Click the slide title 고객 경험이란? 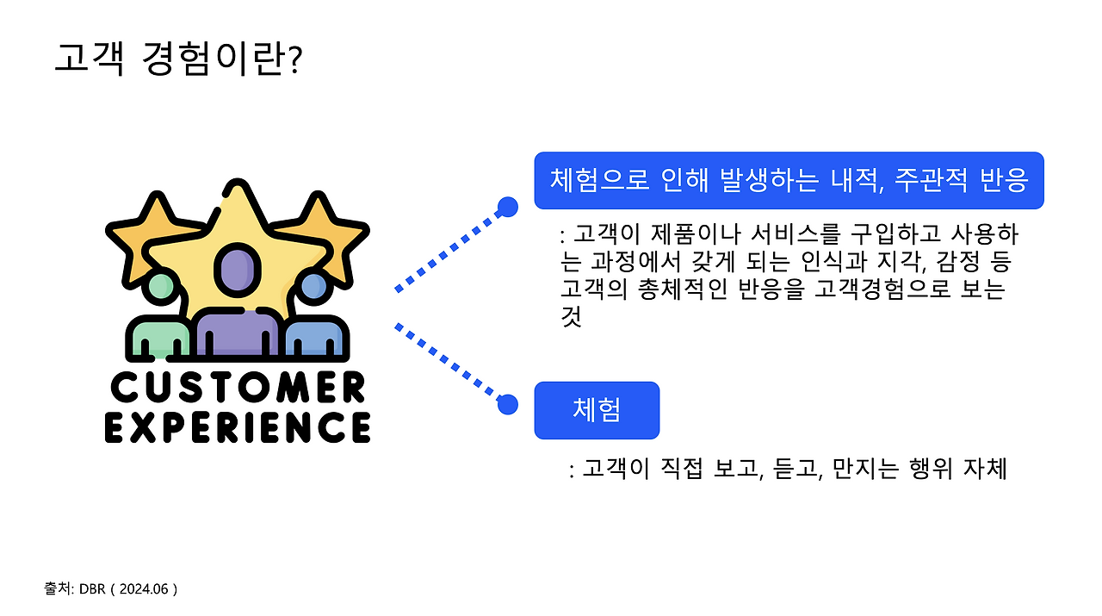pos(177,59)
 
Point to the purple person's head pos(236,268)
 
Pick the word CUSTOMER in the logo pos(238,389)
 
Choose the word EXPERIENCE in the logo pos(238,427)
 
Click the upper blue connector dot pos(508,207)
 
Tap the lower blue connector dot pos(508,404)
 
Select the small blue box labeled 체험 pos(597,410)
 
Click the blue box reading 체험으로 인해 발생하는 pos(789,181)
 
